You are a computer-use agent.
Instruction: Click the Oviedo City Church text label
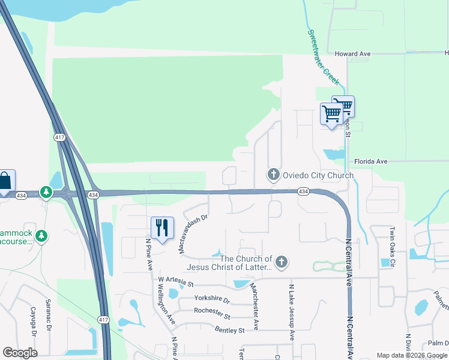[318, 175]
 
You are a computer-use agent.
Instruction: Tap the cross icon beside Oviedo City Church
[273, 175]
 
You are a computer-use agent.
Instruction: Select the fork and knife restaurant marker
[162, 228]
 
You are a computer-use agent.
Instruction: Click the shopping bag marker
[5, 181]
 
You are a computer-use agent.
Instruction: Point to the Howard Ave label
[352, 54]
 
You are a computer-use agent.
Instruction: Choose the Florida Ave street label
[371, 161]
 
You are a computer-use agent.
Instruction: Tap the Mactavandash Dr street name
[194, 234]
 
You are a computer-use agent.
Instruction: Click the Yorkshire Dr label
[212, 298]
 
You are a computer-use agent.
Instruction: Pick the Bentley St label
[230, 330]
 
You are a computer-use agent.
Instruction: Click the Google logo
[20, 353]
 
